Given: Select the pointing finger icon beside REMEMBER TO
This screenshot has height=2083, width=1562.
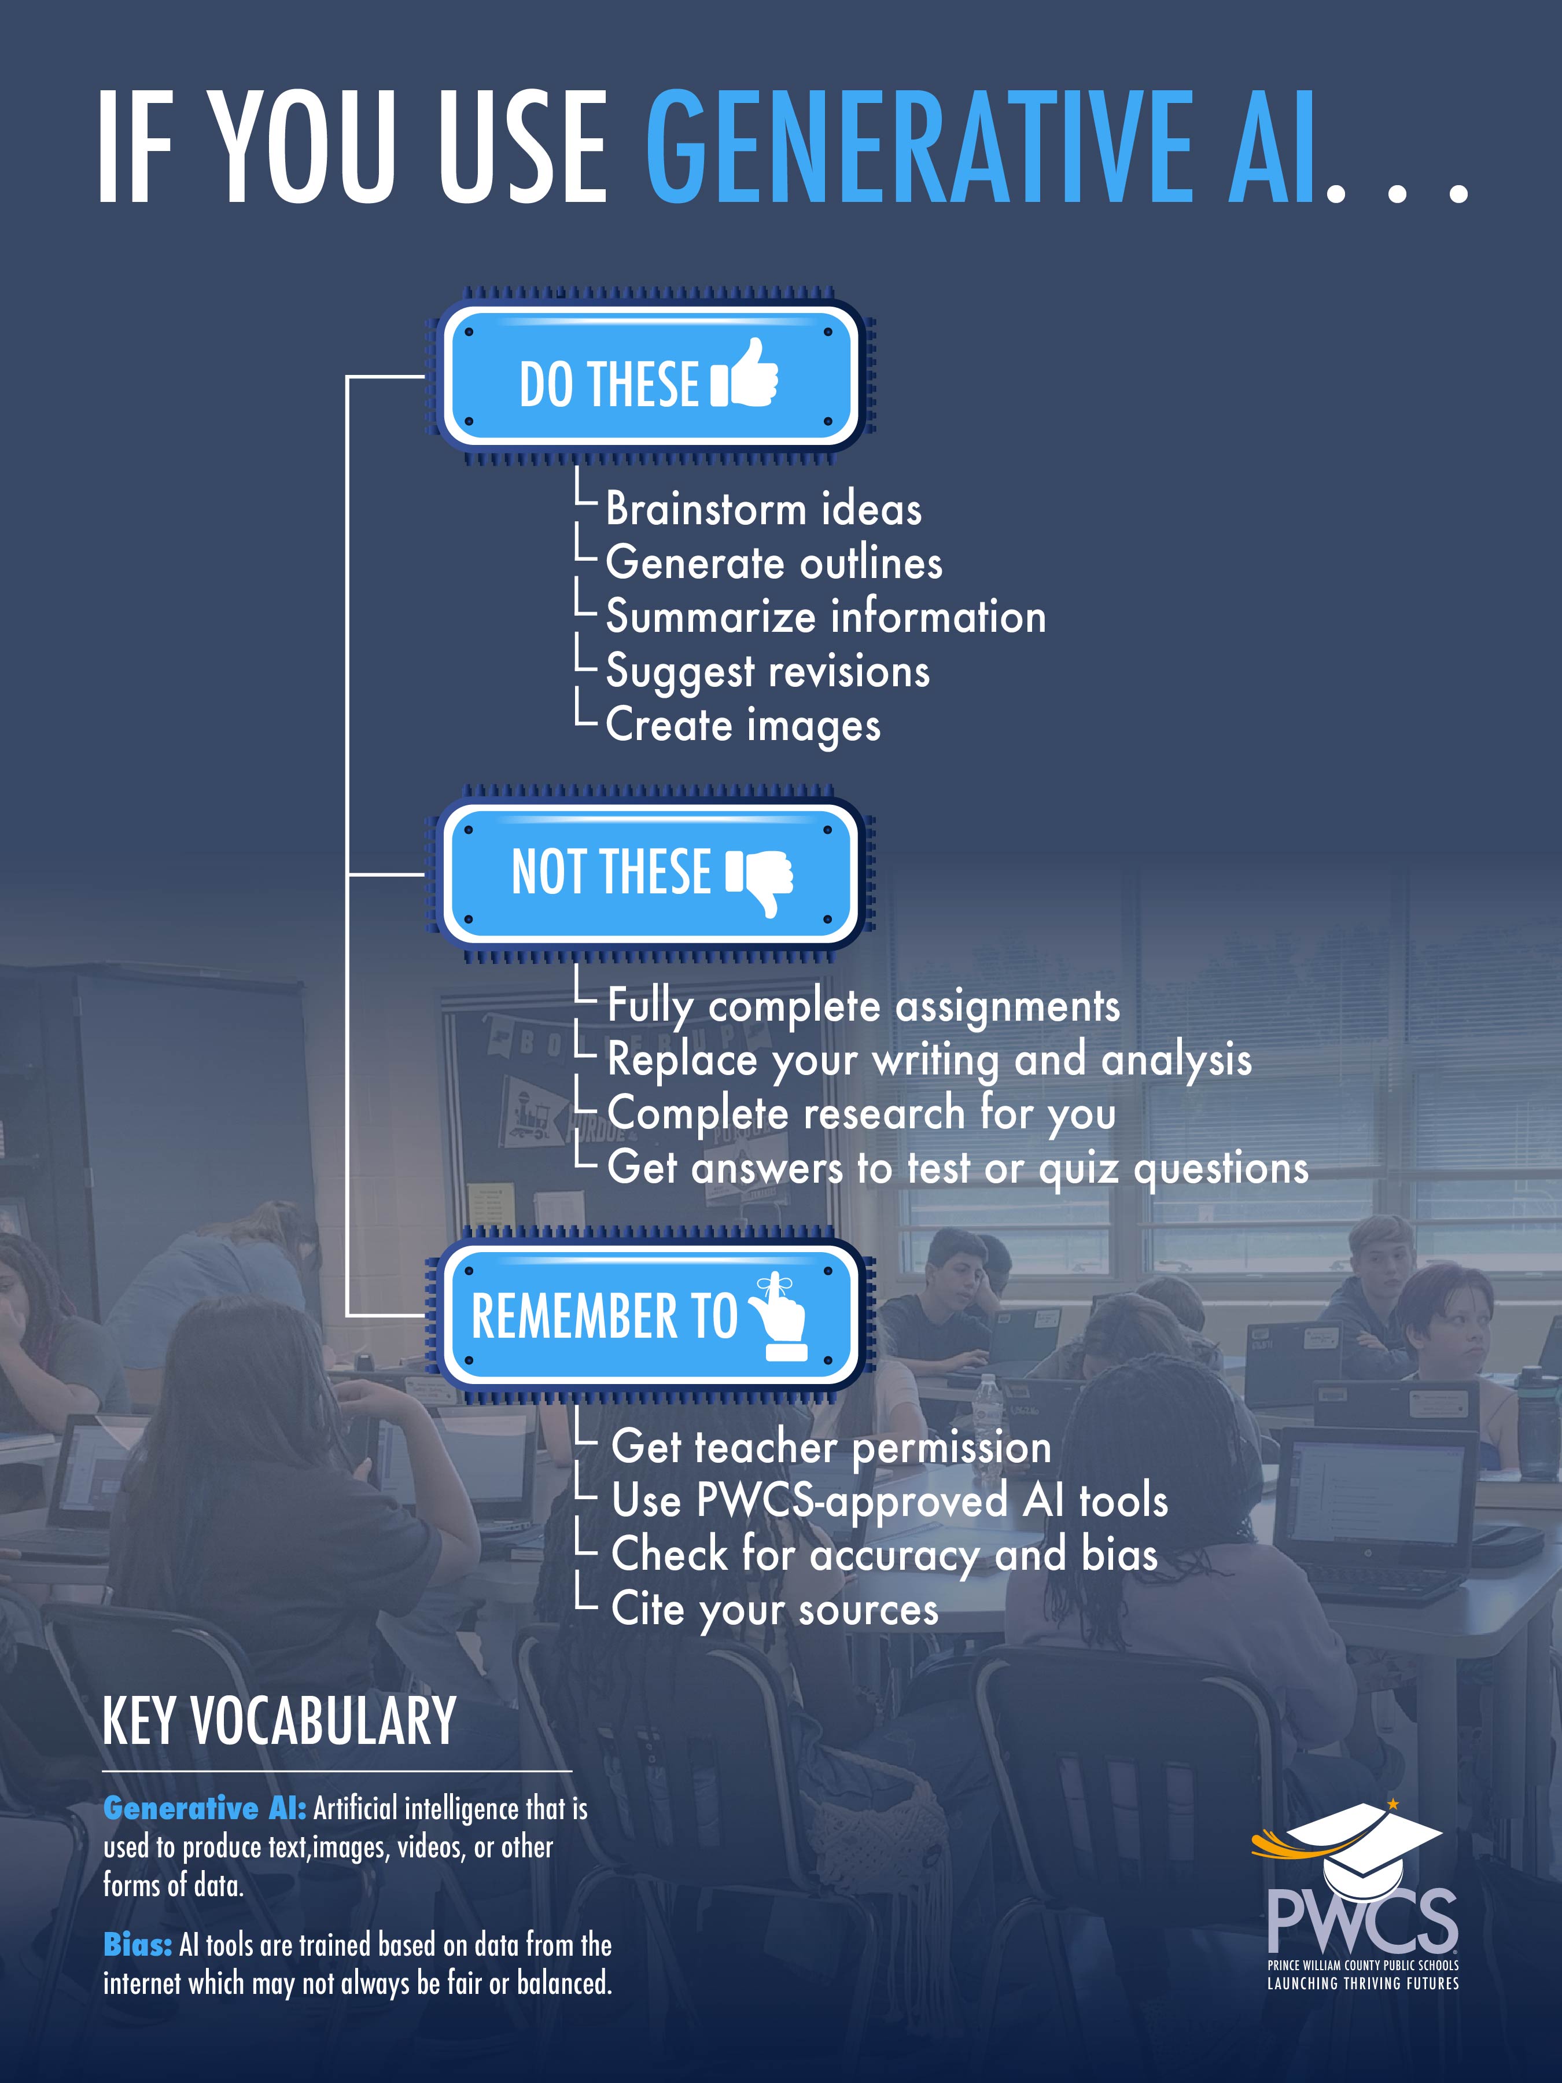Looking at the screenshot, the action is pyautogui.click(x=777, y=1317).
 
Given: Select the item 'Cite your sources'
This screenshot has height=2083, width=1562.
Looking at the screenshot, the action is pyautogui.click(x=775, y=1609).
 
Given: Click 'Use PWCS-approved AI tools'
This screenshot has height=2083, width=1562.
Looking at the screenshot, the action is pyautogui.click(x=890, y=1501).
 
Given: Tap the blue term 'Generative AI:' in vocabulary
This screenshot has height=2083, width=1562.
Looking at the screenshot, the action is pyautogui.click(x=204, y=1808).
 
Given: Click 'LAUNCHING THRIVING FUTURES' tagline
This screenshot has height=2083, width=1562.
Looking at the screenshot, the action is pyautogui.click(x=1362, y=1983).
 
